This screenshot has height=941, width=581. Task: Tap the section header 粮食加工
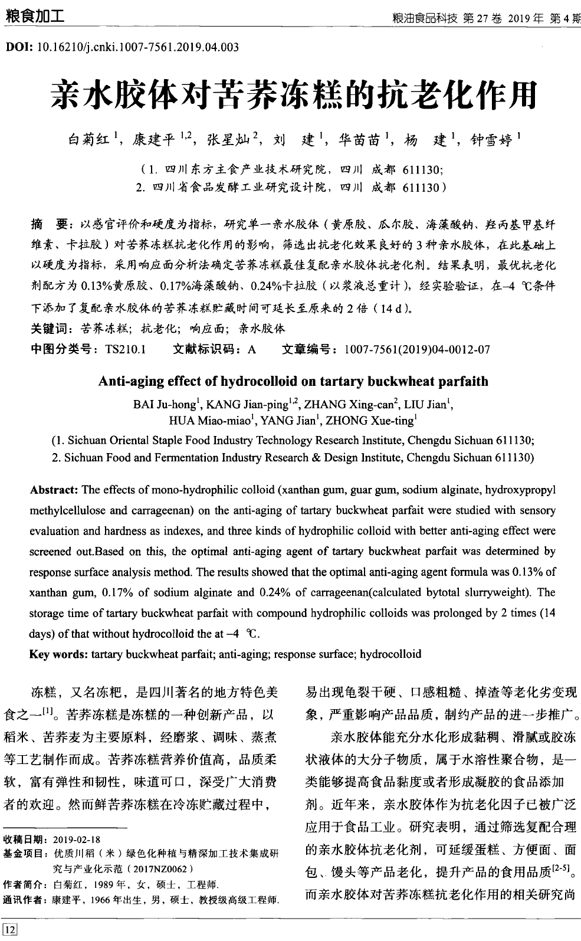(34, 17)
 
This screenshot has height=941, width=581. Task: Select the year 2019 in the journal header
(517, 19)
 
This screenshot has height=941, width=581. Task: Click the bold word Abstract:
(54, 490)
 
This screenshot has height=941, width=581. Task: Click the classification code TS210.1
(125, 350)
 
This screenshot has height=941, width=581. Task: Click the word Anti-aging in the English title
(128, 381)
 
